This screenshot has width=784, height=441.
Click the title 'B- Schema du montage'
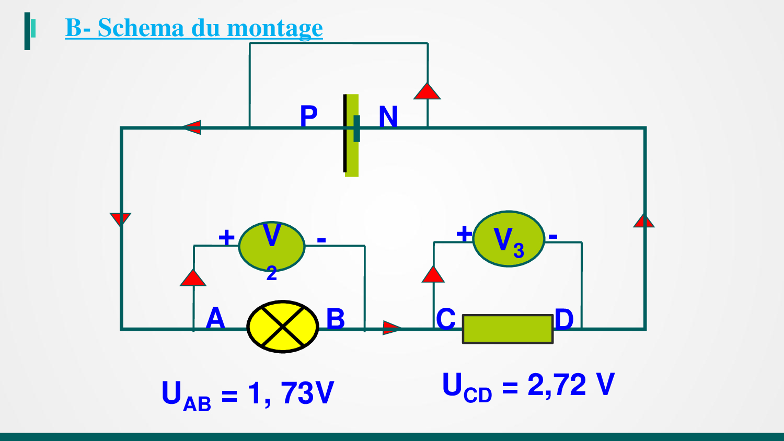click(194, 28)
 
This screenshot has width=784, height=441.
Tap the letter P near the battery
click(308, 116)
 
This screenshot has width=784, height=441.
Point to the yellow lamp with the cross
click(282, 327)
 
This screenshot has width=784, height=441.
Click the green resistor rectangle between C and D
click(508, 329)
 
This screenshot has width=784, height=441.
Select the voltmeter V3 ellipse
click(509, 239)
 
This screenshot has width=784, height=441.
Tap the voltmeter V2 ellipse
click(271, 246)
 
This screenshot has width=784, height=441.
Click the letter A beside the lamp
click(215, 318)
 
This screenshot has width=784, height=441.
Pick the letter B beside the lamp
click(336, 319)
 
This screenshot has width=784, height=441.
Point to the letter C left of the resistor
click(446, 319)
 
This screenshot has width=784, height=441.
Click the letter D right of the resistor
click(564, 319)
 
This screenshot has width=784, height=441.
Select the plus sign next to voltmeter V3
click(464, 234)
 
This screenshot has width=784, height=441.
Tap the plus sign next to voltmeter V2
click(226, 238)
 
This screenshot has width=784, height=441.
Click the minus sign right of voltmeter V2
click(321, 240)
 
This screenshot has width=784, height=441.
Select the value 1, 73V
click(291, 393)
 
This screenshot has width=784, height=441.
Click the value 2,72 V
click(571, 385)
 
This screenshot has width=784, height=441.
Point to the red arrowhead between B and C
click(392, 328)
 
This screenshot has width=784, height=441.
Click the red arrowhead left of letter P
click(192, 127)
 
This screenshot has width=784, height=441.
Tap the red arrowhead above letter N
click(427, 91)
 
